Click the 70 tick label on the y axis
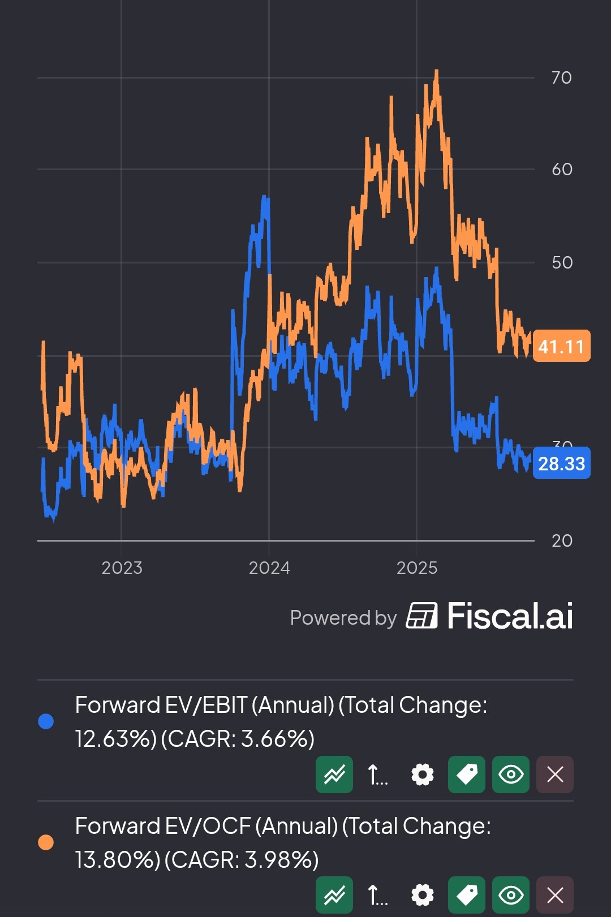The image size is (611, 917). click(x=561, y=77)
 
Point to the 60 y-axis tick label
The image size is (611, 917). click(x=562, y=169)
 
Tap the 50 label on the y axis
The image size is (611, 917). click(x=562, y=262)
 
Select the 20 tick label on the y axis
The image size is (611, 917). click(x=562, y=540)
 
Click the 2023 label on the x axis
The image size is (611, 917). click(x=122, y=568)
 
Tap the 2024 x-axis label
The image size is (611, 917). click(x=269, y=568)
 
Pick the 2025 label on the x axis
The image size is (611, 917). click(x=417, y=568)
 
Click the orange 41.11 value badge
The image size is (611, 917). click(x=561, y=346)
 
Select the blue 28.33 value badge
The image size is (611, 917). click(x=561, y=463)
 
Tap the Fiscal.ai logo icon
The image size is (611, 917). click(x=421, y=616)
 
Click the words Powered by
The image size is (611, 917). click(x=343, y=618)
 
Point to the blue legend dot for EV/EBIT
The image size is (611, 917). click(x=46, y=721)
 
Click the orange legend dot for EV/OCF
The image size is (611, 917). click(x=46, y=842)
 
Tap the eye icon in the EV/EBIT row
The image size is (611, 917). click(x=510, y=774)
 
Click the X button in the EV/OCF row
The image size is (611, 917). click(x=554, y=895)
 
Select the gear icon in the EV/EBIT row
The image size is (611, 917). click(x=422, y=774)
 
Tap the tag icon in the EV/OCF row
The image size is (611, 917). click(x=466, y=895)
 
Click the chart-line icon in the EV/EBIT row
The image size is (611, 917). click(x=334, y=774)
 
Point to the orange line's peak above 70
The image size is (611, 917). click(x=436, y=71)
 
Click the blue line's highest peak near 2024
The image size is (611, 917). click(x=265, y=198)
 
